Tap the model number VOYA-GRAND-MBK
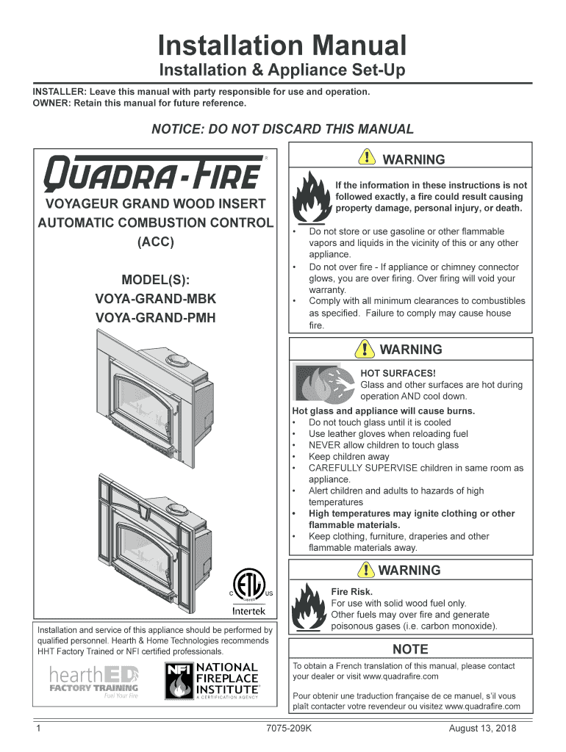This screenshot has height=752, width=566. pos(156,300)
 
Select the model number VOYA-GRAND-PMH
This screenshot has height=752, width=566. pos(156,318)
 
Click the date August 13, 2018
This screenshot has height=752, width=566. pos(483,728)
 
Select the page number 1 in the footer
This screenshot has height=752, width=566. pos(37,728)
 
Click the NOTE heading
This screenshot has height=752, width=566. pos(410,649)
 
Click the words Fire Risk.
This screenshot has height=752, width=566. pos(352,591)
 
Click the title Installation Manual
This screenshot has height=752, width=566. pos(282,46)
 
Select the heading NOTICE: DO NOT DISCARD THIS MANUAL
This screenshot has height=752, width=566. pos(282,129)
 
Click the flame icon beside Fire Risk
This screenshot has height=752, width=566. pos(308,608)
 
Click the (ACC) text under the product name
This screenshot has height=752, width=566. pos(156,242)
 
